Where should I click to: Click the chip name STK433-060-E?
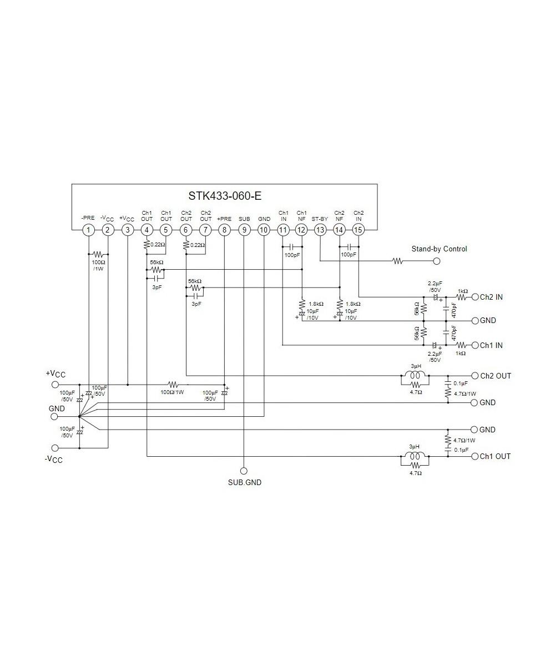coord(225,196)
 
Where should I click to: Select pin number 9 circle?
coord(244,230)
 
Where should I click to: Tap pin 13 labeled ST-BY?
coord(320,230)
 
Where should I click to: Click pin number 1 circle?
coord(88,230)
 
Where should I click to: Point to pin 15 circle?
coord(359,230)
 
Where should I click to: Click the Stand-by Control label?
coord(439,249)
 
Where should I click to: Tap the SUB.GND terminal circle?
coord(244,470)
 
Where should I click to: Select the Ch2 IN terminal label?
coord(491,297)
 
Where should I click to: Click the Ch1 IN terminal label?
coord(491,345)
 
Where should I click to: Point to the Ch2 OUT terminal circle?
coord(474,376)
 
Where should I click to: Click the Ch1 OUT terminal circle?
coord(474,456)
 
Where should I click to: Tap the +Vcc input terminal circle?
coord(55,384)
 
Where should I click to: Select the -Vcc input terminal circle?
coord(55,448)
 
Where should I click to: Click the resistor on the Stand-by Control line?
coord(397,261)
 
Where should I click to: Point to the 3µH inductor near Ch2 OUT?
coord(415,375)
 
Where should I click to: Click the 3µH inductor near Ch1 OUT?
coord(415,456)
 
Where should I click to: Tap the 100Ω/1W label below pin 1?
coord(98,264)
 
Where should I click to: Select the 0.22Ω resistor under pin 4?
coord(147,244)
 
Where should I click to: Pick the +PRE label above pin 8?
coord(224,219)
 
